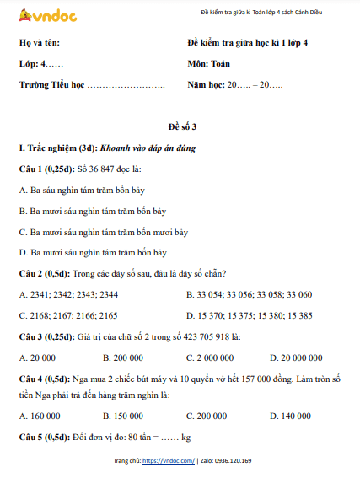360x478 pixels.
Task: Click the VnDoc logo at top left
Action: pyautogui.click(x=43, y=13)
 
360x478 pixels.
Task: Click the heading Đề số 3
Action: pyautogui.click(x=180, y=126)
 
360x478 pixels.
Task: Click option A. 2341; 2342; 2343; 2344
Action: pyautogui.click(x=67, y=294)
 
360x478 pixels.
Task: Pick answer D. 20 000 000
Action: pyautogui.click(x=298, y=357)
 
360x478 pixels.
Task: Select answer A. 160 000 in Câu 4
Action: pyautogui.click(x=40, y=416)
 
